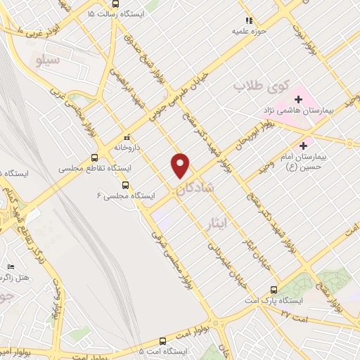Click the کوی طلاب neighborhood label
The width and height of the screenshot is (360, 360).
coord(251,86)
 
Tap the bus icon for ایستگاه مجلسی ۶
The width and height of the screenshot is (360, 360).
coord(125,186)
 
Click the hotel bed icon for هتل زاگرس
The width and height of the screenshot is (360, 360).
coord(10,268)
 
